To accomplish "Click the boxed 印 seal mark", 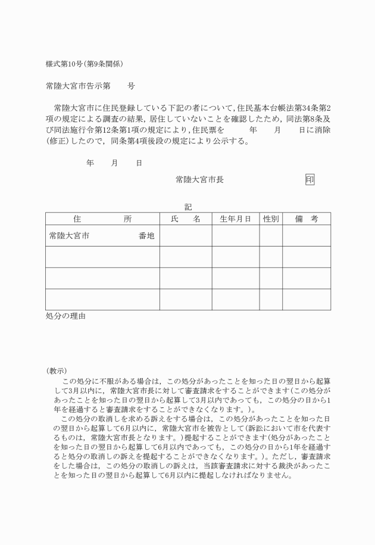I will click(x=310, y=179).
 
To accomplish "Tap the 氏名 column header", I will click(x=185, y=219).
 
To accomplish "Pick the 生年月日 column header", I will click(x=235, y=219).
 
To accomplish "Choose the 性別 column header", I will click(x=271, y=219).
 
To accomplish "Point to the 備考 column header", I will click(x=307, y=219).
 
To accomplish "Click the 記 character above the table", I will click(x=188, y=207).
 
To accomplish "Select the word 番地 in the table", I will click(x=146, y=236).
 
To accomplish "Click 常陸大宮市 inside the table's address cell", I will click(x=69, y=236).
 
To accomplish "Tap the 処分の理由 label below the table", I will click(x=65, y=316).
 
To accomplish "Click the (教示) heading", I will click(x=57, y=370).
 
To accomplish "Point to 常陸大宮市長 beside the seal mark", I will click(x=199, y=179).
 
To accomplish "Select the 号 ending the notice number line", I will click(x=131, y=86).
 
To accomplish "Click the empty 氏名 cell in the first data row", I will click(x=185, y=236).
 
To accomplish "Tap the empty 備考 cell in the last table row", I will click(x=307, y=299).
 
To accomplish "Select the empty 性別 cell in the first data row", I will click(x=271, y=236).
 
